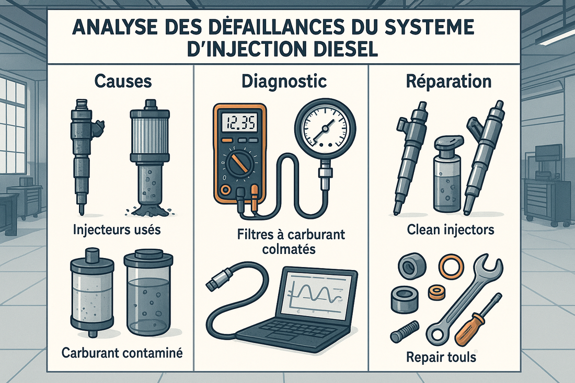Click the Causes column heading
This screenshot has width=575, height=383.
pos(124,82)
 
